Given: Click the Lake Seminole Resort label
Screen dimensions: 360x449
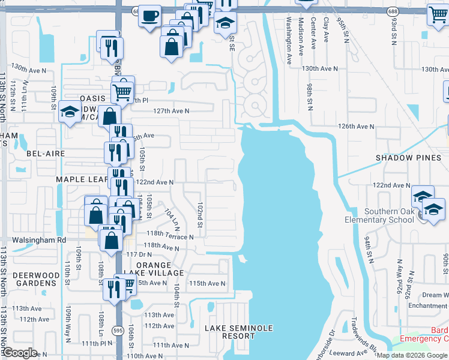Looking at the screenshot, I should click(238, 332).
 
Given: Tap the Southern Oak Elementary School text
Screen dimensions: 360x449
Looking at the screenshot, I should click(389, 215).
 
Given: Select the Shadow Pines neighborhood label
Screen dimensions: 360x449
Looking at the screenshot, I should click(408, 157).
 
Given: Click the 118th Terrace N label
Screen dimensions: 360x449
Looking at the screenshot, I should click(170, 236).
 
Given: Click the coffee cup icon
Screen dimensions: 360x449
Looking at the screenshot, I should click(149, 14).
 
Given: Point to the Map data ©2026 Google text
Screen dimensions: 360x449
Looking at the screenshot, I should click(412, 355).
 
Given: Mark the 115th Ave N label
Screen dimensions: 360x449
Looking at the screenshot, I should click(207, 283).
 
